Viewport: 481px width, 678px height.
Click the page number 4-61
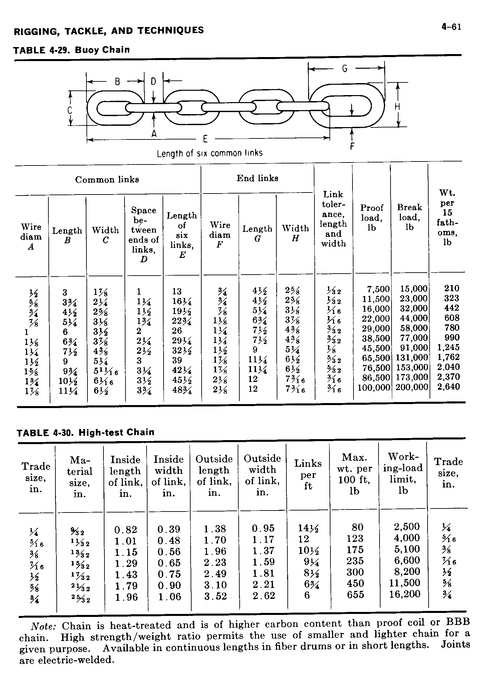point(451,27)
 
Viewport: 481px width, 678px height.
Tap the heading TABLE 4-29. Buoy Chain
point(71,50)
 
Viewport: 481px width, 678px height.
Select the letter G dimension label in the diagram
point(345,69)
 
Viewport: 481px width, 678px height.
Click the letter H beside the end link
point(397,107)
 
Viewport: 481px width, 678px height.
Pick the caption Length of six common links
point(210,153)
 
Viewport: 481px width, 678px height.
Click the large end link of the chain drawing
point(347,106)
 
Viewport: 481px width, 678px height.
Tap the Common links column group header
point(107,180)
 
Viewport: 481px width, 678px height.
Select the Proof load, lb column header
point(372,217)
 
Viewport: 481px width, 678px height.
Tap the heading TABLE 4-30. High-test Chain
point(86,432)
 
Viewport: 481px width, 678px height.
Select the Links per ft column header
point(308,474)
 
